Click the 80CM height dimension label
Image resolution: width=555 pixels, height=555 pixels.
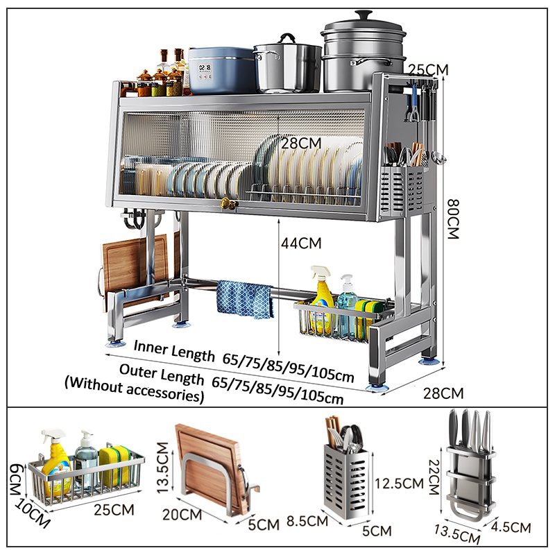point(454,219)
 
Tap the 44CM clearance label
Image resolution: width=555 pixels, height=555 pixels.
point(301,244)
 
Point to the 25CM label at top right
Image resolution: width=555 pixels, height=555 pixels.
point(429,70)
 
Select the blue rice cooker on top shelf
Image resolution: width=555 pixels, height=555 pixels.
point(222,70)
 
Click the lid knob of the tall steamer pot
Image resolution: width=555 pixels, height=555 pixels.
point(364,15)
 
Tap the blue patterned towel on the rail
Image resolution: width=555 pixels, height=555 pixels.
point(245,299)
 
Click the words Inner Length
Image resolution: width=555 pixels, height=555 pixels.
point(174,351)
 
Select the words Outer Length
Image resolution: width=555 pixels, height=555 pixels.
point(162,374)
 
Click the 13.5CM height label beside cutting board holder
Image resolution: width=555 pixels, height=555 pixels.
point(162,468)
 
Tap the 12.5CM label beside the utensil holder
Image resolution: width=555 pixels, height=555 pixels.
point(400,483)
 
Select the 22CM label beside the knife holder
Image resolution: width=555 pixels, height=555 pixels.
point(434,477)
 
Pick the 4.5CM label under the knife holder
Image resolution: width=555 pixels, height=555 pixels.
point(511,527)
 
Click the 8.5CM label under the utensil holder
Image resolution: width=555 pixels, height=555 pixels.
point(307,521)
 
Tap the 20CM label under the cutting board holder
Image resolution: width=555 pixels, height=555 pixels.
point(182,514)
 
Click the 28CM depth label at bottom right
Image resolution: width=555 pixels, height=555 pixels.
point(443,393)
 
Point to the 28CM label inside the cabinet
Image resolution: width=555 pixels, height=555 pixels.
point(301,144)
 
